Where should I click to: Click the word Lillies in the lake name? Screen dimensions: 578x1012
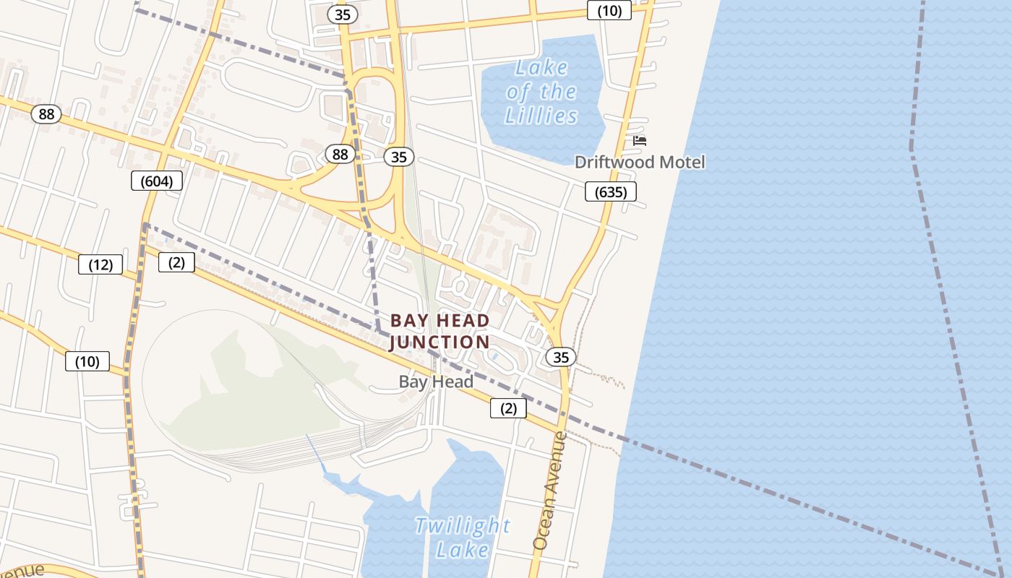coord(541,116)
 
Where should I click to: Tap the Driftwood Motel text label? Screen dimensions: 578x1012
coord(639,162)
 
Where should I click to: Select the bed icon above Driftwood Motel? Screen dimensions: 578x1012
coord(639,141)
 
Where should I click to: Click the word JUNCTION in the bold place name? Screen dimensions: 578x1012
coord(439,342)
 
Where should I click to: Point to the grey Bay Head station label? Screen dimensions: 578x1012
coord(436,381)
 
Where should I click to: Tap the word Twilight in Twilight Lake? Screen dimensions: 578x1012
coord(463,525)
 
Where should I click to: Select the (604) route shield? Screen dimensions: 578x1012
coord(156,181)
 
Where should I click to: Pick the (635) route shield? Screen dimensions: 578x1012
coord(610,191)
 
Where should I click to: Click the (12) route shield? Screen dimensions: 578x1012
coord(100,264)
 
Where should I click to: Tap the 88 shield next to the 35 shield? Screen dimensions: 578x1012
coord(340,154)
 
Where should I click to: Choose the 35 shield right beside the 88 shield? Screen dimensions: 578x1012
coord(398,157)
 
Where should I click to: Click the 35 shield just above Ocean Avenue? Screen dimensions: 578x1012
coord(561,356)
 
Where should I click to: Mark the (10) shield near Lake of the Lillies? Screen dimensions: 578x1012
coord(609,10)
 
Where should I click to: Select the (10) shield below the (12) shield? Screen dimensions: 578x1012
coord(87,361)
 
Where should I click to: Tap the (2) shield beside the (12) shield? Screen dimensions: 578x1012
coord(176,262)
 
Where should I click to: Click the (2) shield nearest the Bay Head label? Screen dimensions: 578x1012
coord(508,408)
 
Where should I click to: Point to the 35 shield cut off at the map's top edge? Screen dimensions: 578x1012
coord(343,13)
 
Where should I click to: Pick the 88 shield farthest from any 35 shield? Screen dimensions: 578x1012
coord(46,114)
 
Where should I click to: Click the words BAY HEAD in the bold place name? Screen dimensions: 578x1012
coord(439,320)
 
